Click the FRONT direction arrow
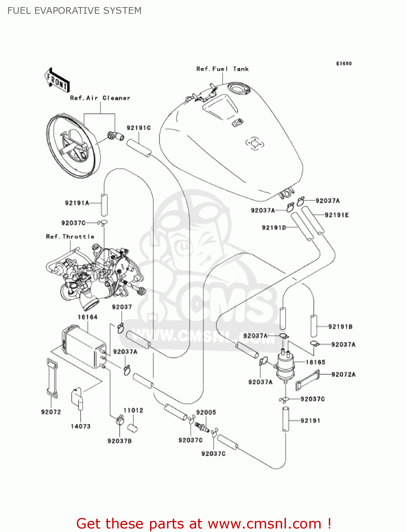57,81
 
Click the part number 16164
87,317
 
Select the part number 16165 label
315,362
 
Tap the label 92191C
139,128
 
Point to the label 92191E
337,215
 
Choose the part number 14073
81,426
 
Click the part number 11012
133,410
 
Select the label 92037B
120,441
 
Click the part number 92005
206,412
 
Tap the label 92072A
343,374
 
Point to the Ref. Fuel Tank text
222,69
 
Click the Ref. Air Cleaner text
100,98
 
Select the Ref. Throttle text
70,237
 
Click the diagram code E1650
344,63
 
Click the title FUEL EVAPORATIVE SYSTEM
74,11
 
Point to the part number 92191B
340,327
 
